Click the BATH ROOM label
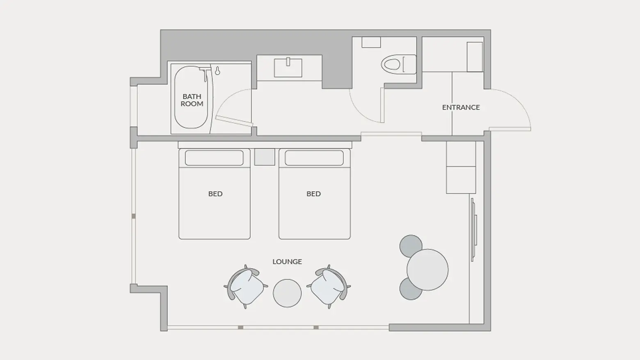pyautogui.click(x=192, y=100)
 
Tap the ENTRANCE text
pyautogui.click(x=461, y=107)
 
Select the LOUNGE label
pyautogui.click(x=287, y=262)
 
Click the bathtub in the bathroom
pyautogui.click(x=191, y=97)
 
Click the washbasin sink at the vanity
pyautogui.click(x=288, y=68)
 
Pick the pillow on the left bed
pyautogui.click(x=214, y=158)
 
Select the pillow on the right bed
pyautogui.click(x=314, y=158)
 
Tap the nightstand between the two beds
pyautogui.click(x=265, y=157)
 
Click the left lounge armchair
pyautogui.click(x=246, y=287)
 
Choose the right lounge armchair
pyautogui.click(x=329, y=287)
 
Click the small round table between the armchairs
pyautogui.click(x=287, y=293)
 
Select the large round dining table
pyautogui.click(x=427, y=270)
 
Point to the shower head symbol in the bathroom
pyautogui.click(x=217, y=71)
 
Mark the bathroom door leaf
pyautogui.click(x=234, y=121)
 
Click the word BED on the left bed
pyautogui.click(x=215, y=194)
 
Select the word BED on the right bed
pyautogui.click(x=313, y=194)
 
